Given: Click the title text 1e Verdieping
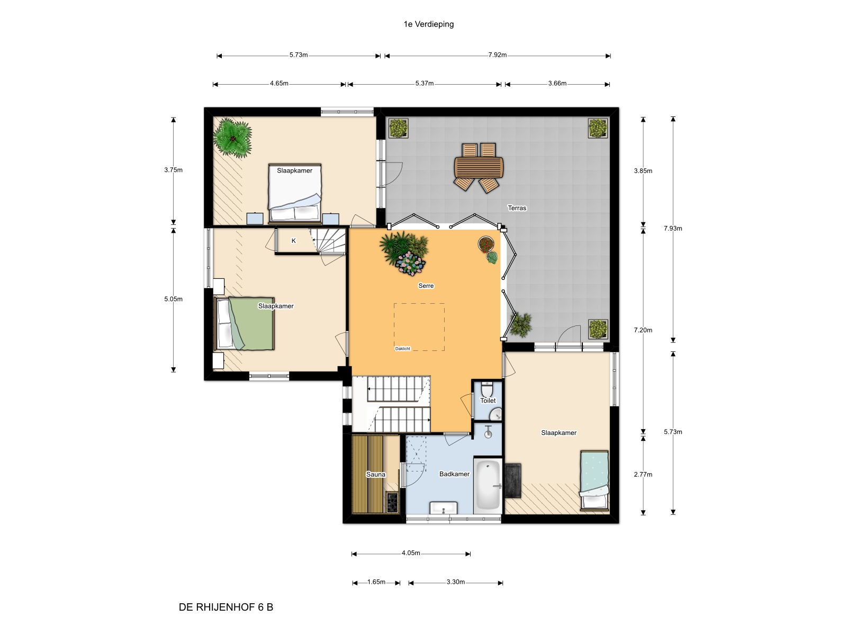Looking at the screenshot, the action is (x=428, y=24).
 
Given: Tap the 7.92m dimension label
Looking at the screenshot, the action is (x=497, y=55).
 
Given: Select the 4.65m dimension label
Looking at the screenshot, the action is (x=279, y=83).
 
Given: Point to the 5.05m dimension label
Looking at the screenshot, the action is (x=173, y=299).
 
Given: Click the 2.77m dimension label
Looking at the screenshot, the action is (x=643, y=474).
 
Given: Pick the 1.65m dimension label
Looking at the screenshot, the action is (x=376, y=582).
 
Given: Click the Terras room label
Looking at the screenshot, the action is (x=517, y=208).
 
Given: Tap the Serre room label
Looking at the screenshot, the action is (x=426, y=286).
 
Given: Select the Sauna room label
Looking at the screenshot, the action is (x=375, y=474).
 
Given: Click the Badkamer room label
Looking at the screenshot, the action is (x=454, y=474).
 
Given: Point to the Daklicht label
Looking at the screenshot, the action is (x=402, y=349).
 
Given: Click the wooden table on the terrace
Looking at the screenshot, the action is (x=479, y=167).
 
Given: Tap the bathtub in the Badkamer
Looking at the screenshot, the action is (x=488, y=486).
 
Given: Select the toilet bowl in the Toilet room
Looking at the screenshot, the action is (x=487, y=389).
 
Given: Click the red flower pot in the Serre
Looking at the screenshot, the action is (x=485, y=244).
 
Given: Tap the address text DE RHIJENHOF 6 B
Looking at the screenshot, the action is (x=226, y=607).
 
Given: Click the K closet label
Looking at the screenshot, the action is (x=293, y=241).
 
